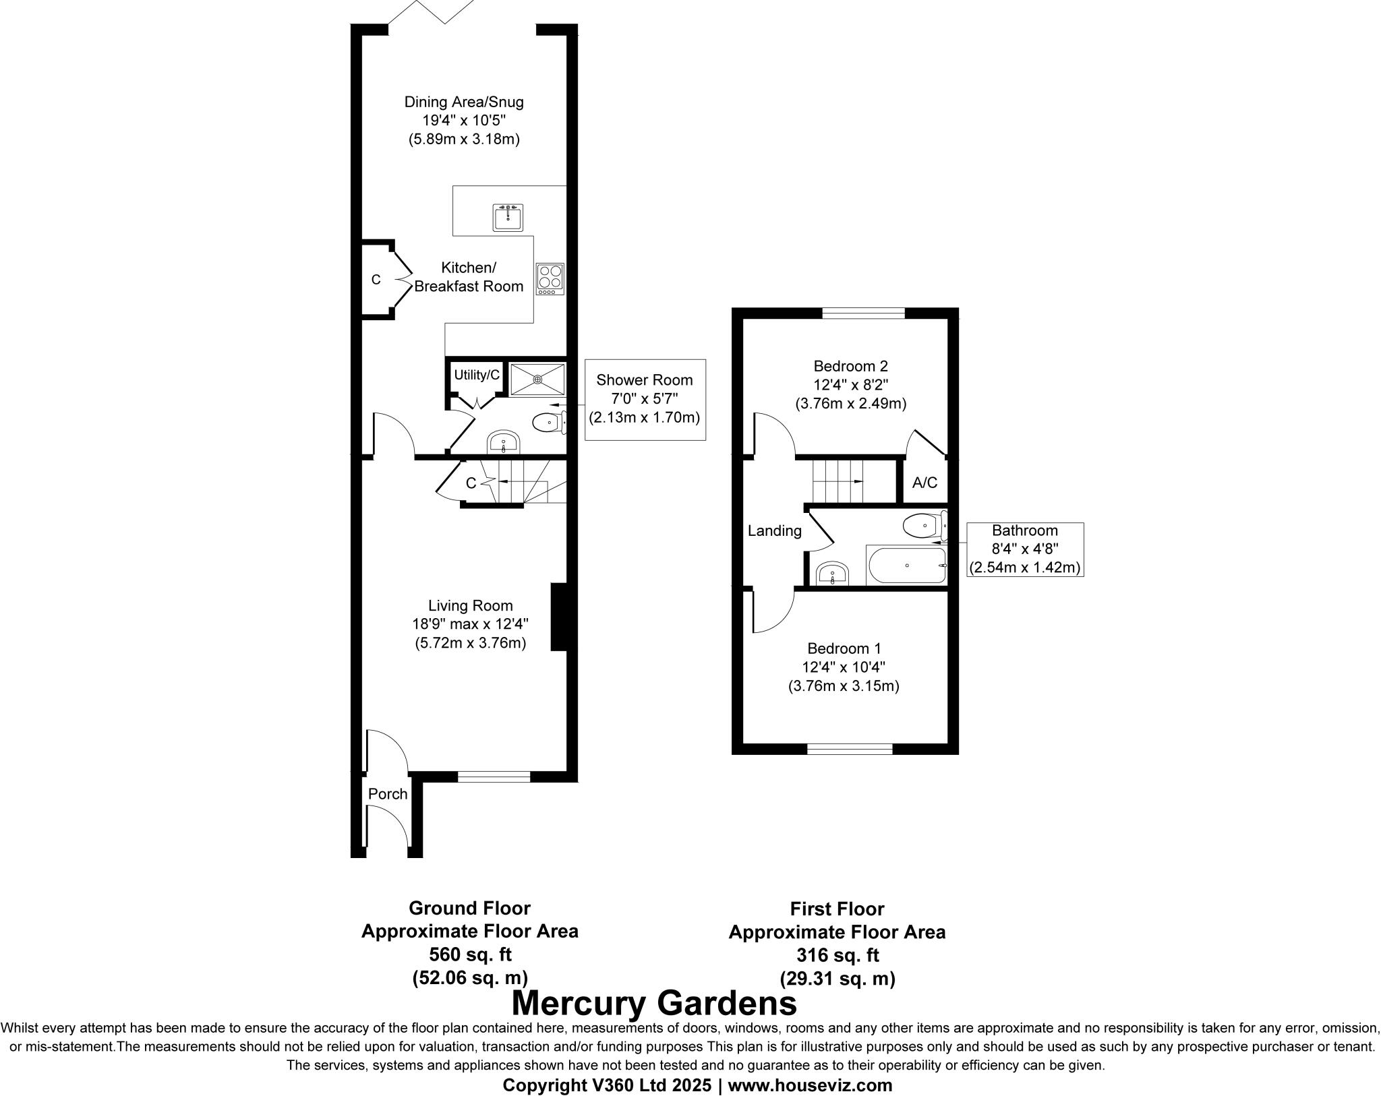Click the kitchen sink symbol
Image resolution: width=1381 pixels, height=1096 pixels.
click(x=507, y=218)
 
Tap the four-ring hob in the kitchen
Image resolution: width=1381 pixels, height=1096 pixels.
click(x=550, y=279)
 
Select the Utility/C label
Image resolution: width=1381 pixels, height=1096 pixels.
click(x=477, y=375)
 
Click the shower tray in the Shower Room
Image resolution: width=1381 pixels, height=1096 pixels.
click(x=537, y=379)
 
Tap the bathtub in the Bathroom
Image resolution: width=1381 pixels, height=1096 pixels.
click(x=906, y=565)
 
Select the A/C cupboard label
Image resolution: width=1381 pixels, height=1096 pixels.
click(x=924, y=483)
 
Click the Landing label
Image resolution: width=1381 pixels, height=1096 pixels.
click(x=774, y=531)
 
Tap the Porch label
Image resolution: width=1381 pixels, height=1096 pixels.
click(x=388, y=794)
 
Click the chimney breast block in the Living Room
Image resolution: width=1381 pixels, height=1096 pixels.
click(x=558, y=617)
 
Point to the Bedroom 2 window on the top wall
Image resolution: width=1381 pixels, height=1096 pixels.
click(x=863, y=313)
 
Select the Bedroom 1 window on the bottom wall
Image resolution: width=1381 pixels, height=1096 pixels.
click(x=850, y=748)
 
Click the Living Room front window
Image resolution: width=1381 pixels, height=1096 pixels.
click(x=494, y=777)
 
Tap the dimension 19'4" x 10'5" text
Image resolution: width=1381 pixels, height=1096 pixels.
click(x=463, y=121)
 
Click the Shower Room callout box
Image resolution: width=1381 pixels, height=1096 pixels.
click(x=645, y=399)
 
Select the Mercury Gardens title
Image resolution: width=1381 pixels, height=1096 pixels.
click(x=654, y=1003)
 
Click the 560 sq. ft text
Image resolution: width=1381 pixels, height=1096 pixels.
click(x=470, y=954)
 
